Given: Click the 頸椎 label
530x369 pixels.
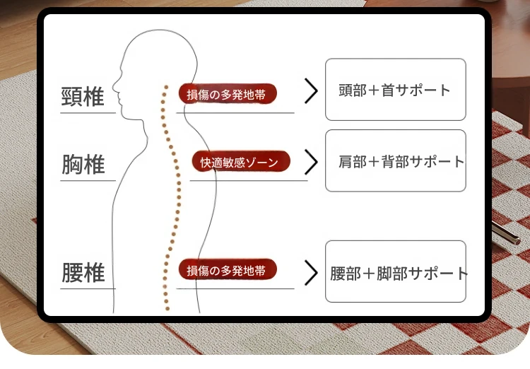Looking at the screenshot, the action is pos(83,97).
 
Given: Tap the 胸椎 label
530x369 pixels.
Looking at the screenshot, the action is pos(83,165).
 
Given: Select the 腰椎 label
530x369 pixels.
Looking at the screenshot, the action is pos(83,272).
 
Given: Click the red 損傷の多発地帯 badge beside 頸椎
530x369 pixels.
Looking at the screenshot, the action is pos(228,94).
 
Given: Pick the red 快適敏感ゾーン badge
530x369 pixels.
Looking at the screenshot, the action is pos(241,161).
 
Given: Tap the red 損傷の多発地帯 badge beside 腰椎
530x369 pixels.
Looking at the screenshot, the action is pos(228,269).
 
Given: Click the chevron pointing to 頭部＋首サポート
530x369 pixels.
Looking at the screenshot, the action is pos(311,90).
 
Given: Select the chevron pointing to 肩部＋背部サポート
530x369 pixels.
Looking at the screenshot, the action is pos(311,162).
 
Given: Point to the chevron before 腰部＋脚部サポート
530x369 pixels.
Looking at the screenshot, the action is pos(311,273).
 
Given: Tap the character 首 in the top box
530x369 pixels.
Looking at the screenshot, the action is pos(388,90).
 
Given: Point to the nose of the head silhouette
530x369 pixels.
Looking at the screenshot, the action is pos(114,86).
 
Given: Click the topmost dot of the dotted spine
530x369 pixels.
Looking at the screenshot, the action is pos(166,87).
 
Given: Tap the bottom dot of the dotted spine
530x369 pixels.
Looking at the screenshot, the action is pos(167,308).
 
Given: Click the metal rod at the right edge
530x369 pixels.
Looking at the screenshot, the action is pos(506,233).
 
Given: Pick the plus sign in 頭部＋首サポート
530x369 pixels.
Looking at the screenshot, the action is pos(374,90).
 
